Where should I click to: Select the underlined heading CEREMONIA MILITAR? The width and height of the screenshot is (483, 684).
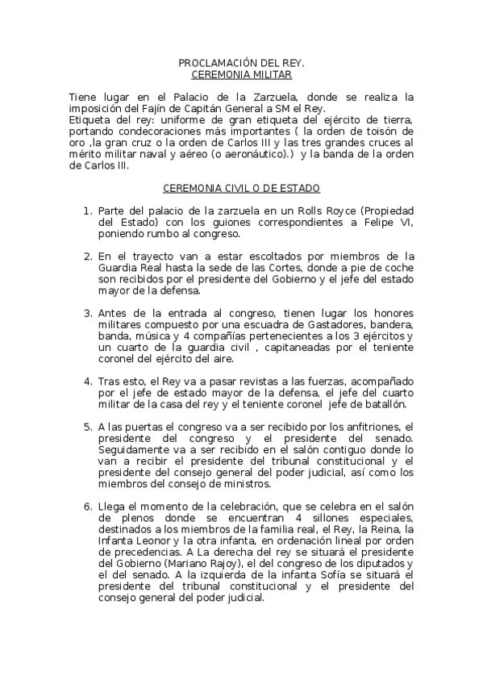[240, 74]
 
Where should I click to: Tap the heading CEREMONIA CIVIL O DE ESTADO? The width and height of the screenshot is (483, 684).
[241, 189]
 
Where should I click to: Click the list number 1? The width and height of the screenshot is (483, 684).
[88, 211]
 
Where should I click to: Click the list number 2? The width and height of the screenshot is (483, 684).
[88, 257]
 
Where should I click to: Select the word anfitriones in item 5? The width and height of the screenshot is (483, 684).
[368, 427]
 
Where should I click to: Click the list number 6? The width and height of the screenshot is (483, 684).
[88, 507]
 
